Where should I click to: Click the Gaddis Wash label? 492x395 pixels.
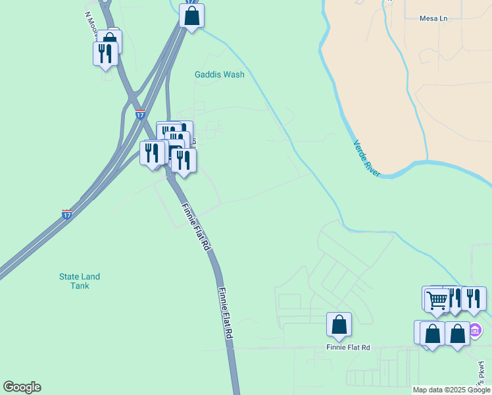(219, 74)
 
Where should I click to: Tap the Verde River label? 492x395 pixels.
(366, 157)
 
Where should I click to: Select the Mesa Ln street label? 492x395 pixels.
(433, 18)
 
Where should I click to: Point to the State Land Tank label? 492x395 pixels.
(79, 281)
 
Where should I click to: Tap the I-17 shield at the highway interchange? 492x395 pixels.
(140, 115)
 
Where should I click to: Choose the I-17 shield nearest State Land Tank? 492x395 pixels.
(67, 214)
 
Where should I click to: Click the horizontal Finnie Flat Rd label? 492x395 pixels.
(348, 347)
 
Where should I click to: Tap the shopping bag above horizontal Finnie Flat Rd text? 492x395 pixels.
(339, 324)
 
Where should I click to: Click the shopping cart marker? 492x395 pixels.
(437, 300)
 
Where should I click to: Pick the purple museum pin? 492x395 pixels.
(475, 329)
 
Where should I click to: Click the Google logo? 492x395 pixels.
(22, 387)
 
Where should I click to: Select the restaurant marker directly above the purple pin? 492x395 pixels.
(473, 298)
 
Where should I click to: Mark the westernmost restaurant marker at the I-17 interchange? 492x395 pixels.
(152, 153)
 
